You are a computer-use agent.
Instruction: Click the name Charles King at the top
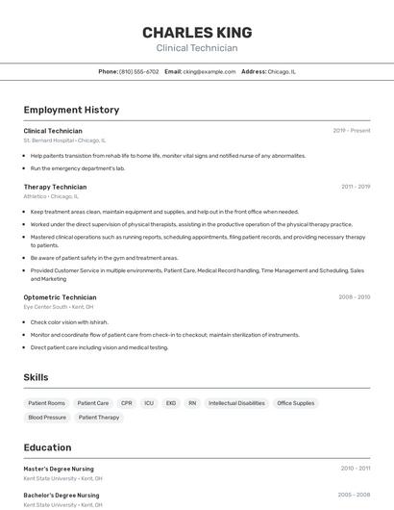click(197, 32)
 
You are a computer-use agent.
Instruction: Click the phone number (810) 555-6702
click(139, 71)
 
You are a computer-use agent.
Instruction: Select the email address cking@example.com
click(209, 71)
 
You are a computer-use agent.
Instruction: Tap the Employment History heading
click(71, 110)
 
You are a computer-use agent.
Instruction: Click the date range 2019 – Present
click(352, 130)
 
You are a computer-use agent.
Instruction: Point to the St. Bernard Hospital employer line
click(64, 140)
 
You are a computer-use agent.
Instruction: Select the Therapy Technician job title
click(55, 187)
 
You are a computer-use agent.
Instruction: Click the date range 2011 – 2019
click(356, 187)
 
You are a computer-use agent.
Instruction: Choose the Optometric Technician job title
click(60, 297)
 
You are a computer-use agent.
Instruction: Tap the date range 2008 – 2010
click(354, 297)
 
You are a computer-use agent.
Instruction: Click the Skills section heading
click(36, 377)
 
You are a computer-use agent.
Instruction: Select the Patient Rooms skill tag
click(46, 403)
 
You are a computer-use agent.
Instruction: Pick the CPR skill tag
click(127, 403)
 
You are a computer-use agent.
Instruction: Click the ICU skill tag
click(149, 403)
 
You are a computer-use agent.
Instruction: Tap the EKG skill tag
click(171, 403)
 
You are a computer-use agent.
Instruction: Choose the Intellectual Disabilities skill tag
click(236, 403)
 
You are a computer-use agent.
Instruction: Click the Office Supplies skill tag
click(295, 403)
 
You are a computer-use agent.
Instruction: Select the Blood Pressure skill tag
click(47, 418)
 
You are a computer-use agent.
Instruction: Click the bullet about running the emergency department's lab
click(78, 167)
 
